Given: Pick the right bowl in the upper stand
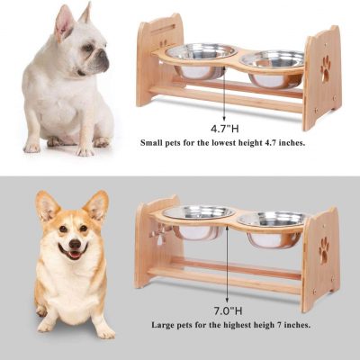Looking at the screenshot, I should click(x=272, y=64).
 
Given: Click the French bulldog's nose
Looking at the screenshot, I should click(x=104, y=59).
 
